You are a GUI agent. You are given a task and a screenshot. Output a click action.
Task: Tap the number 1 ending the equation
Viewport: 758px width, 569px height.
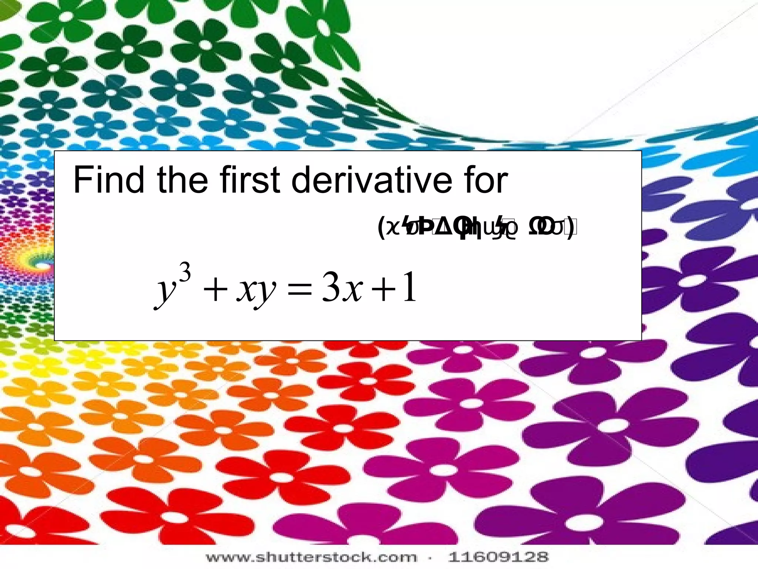(x=410, y=287)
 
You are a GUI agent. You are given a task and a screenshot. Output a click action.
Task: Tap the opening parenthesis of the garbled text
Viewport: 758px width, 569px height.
(x=381, y=229)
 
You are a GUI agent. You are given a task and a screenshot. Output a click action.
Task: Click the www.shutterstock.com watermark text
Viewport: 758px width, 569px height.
(x=311, y=557)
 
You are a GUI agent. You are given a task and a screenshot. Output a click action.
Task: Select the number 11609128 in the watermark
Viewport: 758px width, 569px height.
(x=498, y=557)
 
